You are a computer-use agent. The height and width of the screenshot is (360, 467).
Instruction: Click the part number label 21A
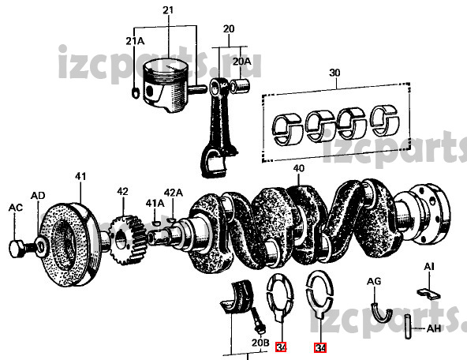[135, 41]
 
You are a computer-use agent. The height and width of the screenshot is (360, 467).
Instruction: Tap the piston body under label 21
[166, 85]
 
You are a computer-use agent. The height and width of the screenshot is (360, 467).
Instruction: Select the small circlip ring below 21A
[135, 92]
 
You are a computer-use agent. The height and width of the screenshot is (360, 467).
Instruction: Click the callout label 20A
[241, 62]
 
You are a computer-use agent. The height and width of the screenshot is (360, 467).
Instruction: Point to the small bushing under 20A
[241, 85]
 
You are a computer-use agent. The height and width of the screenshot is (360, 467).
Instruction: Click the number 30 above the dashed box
[334, 73]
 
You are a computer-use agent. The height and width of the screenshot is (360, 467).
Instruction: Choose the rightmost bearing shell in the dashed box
[385, 120]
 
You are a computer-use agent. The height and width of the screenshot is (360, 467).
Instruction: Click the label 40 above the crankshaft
[299, 168]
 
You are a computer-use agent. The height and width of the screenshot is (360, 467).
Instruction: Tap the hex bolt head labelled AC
[17, 249]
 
